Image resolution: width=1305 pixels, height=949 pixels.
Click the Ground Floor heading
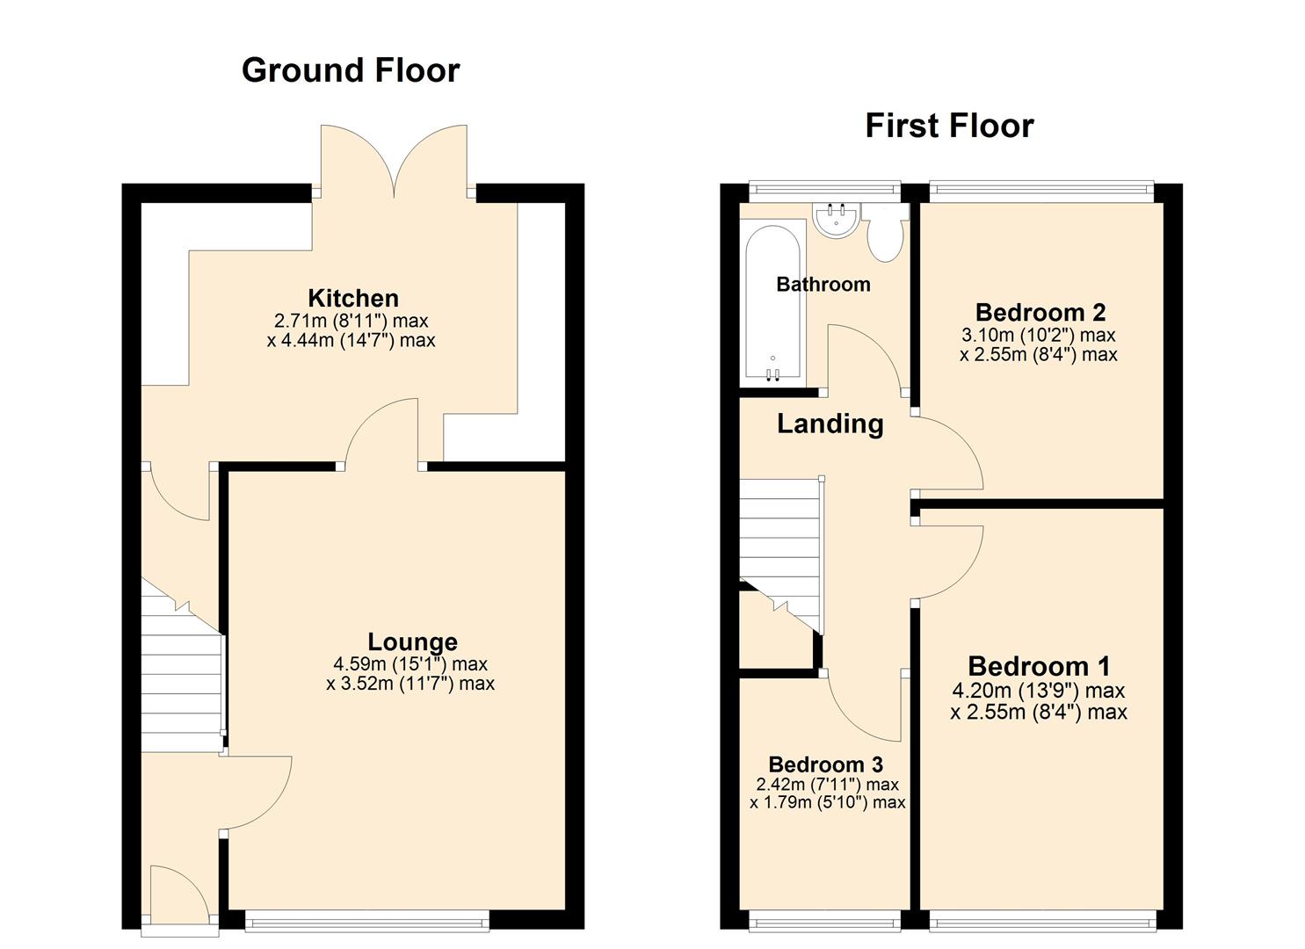tap(350, 70)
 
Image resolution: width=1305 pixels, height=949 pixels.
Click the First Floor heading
tap(949, 126)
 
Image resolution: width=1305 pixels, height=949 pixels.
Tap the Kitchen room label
tap(353, 298)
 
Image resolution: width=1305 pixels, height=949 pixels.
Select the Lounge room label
tap(412, 641)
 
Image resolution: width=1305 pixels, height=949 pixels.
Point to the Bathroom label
tap(823, 284)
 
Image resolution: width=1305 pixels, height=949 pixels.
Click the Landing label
tap(830, 424)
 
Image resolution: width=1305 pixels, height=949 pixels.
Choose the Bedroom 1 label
tap(1039, 666)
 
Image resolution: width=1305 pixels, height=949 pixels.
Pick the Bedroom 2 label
tap(1040, 312)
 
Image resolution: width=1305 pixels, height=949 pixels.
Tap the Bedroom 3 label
tap(825, 764)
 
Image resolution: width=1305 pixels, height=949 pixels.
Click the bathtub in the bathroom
tap(773, 299)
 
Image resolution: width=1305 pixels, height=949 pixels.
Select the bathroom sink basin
tap(836, 220)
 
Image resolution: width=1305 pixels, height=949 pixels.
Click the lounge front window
tap(366, 922)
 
